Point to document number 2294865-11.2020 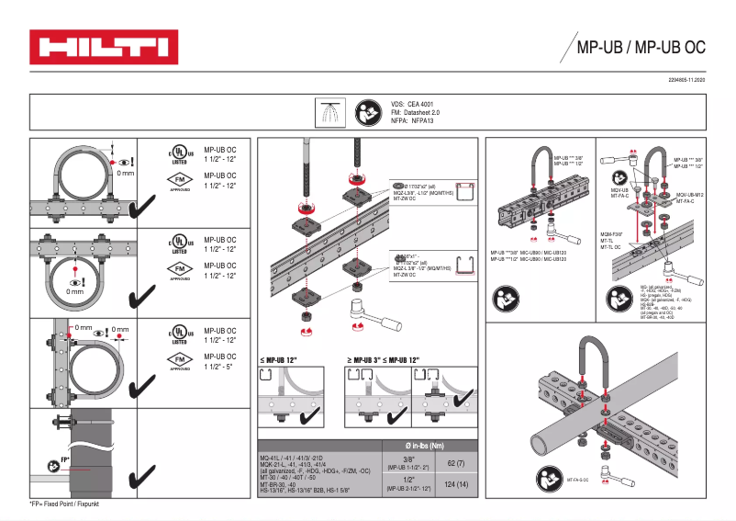tap(679, 82)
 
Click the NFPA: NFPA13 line tap(411, 120)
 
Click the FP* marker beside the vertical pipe tap(65, 459)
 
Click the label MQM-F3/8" tap(613, 234)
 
